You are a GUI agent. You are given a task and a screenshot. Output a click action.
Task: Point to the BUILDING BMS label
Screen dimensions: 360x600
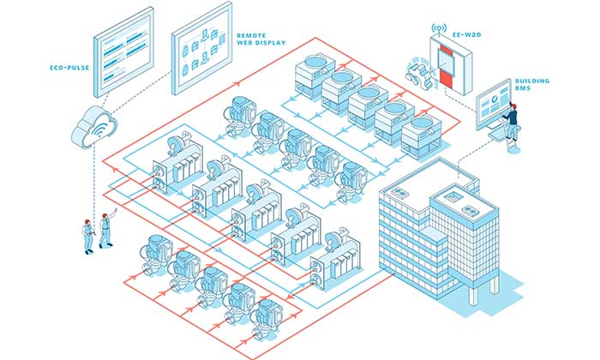click(x=533, y=84)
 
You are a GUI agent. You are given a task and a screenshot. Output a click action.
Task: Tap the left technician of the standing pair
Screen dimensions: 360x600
click(x=88, y=235)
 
